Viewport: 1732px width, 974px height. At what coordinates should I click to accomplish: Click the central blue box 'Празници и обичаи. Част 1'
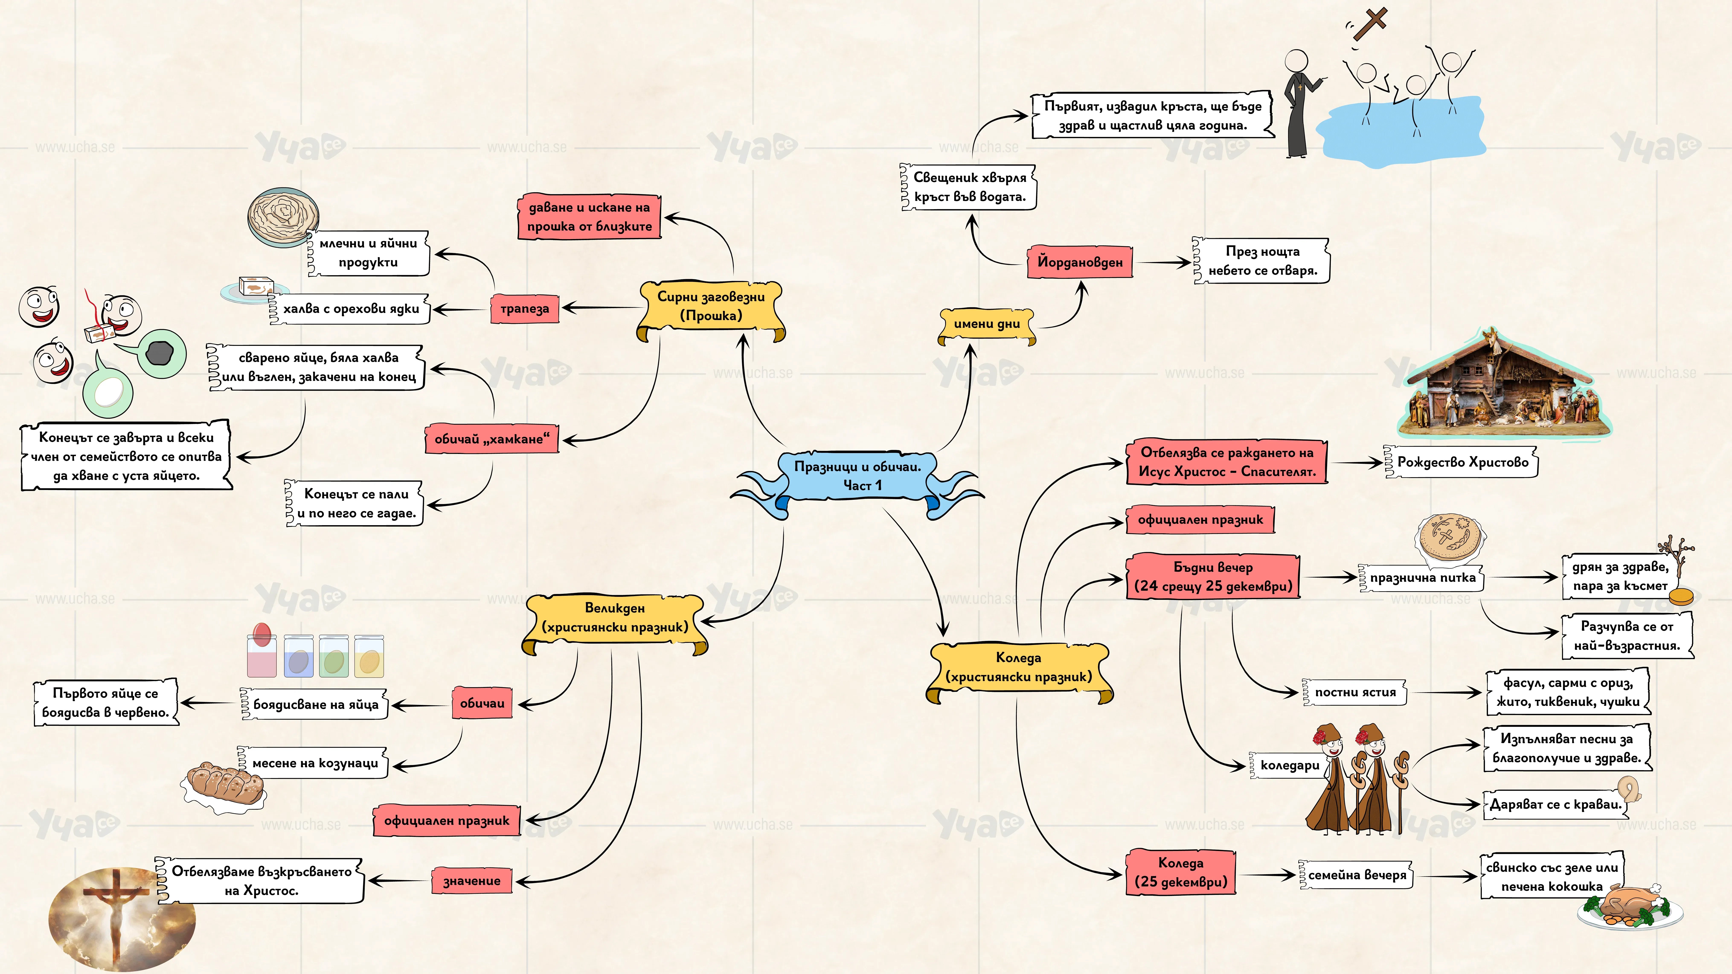point(857,476)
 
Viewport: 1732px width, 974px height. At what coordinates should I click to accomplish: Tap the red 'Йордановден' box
point(1080,262)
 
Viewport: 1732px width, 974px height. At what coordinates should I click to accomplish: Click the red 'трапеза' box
point(525,309)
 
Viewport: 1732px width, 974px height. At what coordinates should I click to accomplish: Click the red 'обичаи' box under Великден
point(482,703)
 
